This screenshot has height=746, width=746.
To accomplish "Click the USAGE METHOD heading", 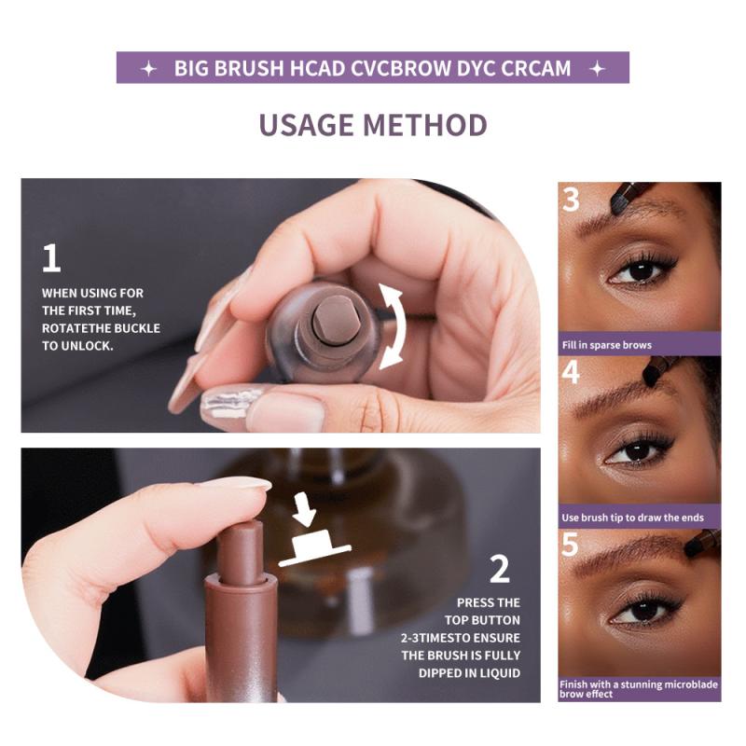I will pos(373,124).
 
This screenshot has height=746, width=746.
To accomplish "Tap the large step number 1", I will pos(51,257).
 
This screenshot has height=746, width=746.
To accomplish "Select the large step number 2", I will pos(499,568).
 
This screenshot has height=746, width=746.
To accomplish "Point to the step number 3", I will pos(571,200).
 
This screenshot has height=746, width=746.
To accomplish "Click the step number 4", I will pos(571,371).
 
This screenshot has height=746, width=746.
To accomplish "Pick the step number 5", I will pos(571,545).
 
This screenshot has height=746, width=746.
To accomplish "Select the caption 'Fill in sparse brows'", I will pos(606,345).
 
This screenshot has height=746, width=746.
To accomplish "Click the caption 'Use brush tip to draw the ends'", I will pos(632,518).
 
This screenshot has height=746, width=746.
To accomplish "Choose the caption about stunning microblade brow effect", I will pos(639,689).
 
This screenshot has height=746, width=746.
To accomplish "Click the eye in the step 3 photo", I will pos(642,271).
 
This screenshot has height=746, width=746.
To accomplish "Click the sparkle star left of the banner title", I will pos(147,69).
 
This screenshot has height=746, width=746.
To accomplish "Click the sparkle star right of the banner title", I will pos(598,69).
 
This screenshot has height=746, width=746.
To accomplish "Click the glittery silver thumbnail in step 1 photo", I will pos(228,402).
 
